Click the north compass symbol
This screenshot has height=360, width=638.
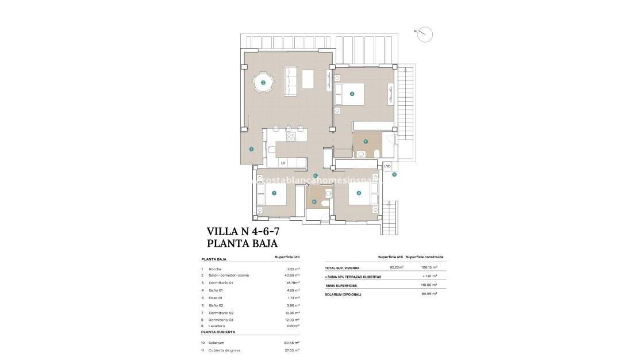tap(425, 35)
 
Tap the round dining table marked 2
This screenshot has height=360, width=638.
tap(263, 83)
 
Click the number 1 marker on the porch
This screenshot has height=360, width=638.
tap(251, 149)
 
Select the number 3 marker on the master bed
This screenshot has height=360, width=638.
tap(352, 93)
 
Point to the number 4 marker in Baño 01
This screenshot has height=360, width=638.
tap(366, 141)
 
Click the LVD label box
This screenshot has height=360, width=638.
tap(387, 166)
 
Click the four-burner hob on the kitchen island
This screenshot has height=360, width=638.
tap(291, 137)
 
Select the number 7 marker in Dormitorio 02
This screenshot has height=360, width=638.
tap(274, 193)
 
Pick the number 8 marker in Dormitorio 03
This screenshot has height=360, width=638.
tap(359, 193)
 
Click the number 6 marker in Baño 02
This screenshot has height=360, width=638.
tap(314, 201)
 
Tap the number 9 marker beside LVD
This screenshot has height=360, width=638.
tap(394, 174)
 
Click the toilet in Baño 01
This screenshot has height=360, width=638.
tap(376, 153)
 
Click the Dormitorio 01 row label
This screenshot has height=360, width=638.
tap(221, 282)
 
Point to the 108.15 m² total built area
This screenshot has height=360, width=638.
tap(429, 267)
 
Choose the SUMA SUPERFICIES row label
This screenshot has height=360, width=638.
tap(342, 285)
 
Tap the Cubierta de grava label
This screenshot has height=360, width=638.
tap(225, 350)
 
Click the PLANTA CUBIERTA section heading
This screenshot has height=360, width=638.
tap(218, 332)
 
